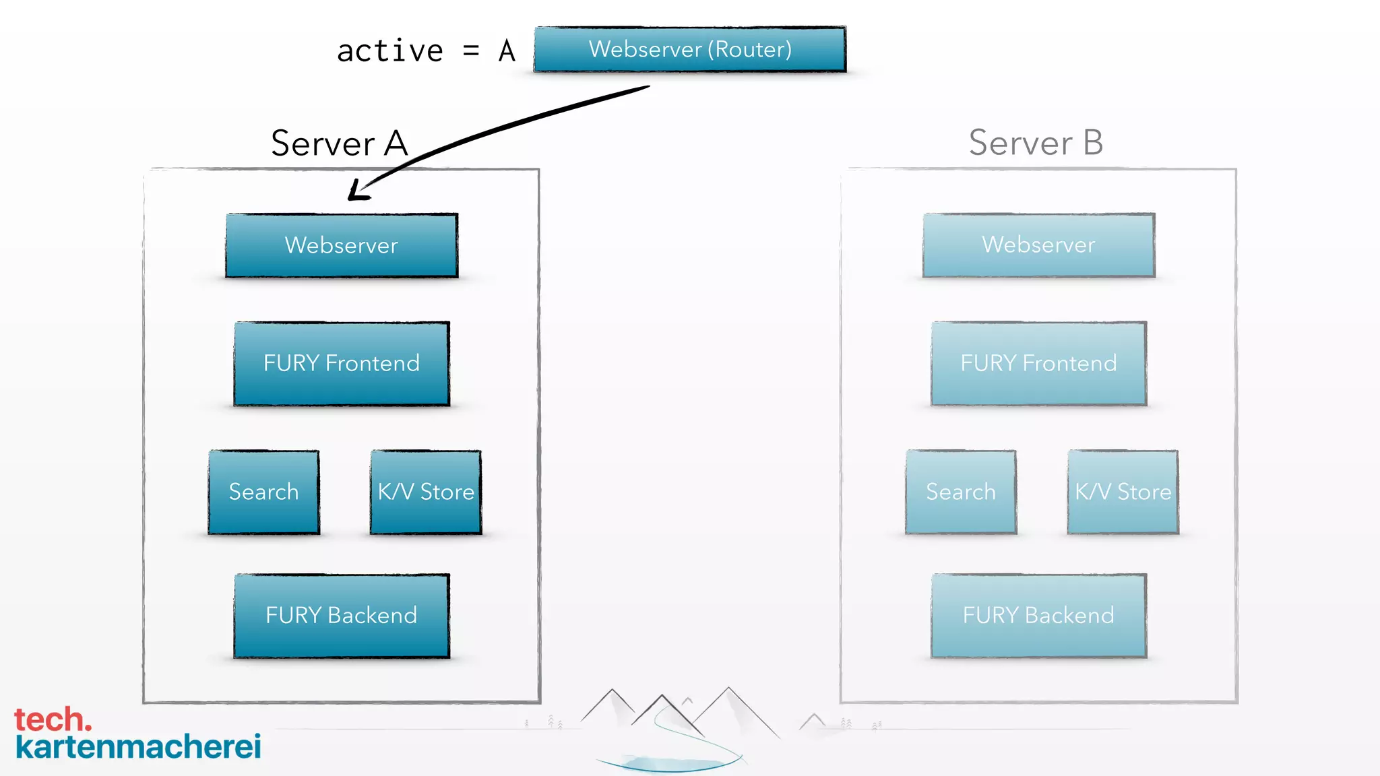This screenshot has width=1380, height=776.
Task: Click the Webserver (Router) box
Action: click(689, 49)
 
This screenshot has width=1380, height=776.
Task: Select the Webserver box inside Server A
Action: click(342, 245)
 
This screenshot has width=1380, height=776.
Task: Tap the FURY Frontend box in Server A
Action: click(342, 364)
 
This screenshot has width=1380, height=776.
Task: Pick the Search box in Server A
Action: click(263, 492)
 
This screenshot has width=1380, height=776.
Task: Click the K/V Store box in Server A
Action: click(426, 492)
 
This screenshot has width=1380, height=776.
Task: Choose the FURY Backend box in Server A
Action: click(342, 616)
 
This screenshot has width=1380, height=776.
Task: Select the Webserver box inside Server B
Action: click(1038, 245)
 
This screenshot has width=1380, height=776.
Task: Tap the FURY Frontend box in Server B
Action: click(1038, 364)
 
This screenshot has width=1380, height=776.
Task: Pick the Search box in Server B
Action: click(961, 492)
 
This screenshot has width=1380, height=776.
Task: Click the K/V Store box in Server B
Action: click(1123, 492)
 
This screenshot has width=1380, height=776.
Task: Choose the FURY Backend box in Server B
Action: click(1038, 616)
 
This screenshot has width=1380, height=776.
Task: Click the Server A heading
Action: click(339, 143)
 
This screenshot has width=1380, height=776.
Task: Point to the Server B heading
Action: click(1036, 143)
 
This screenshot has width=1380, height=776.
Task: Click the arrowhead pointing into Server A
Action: click(357, 191)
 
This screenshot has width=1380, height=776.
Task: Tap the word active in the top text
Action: click(390, 51)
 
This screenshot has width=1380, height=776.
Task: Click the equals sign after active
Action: click(471, 51)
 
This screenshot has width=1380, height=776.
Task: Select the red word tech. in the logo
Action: click(53, 719)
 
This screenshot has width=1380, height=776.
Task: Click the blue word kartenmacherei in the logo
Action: click(138, 746)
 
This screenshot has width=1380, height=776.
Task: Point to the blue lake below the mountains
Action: click(667, 763)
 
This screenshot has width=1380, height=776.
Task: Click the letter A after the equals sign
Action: click(507, 51)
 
